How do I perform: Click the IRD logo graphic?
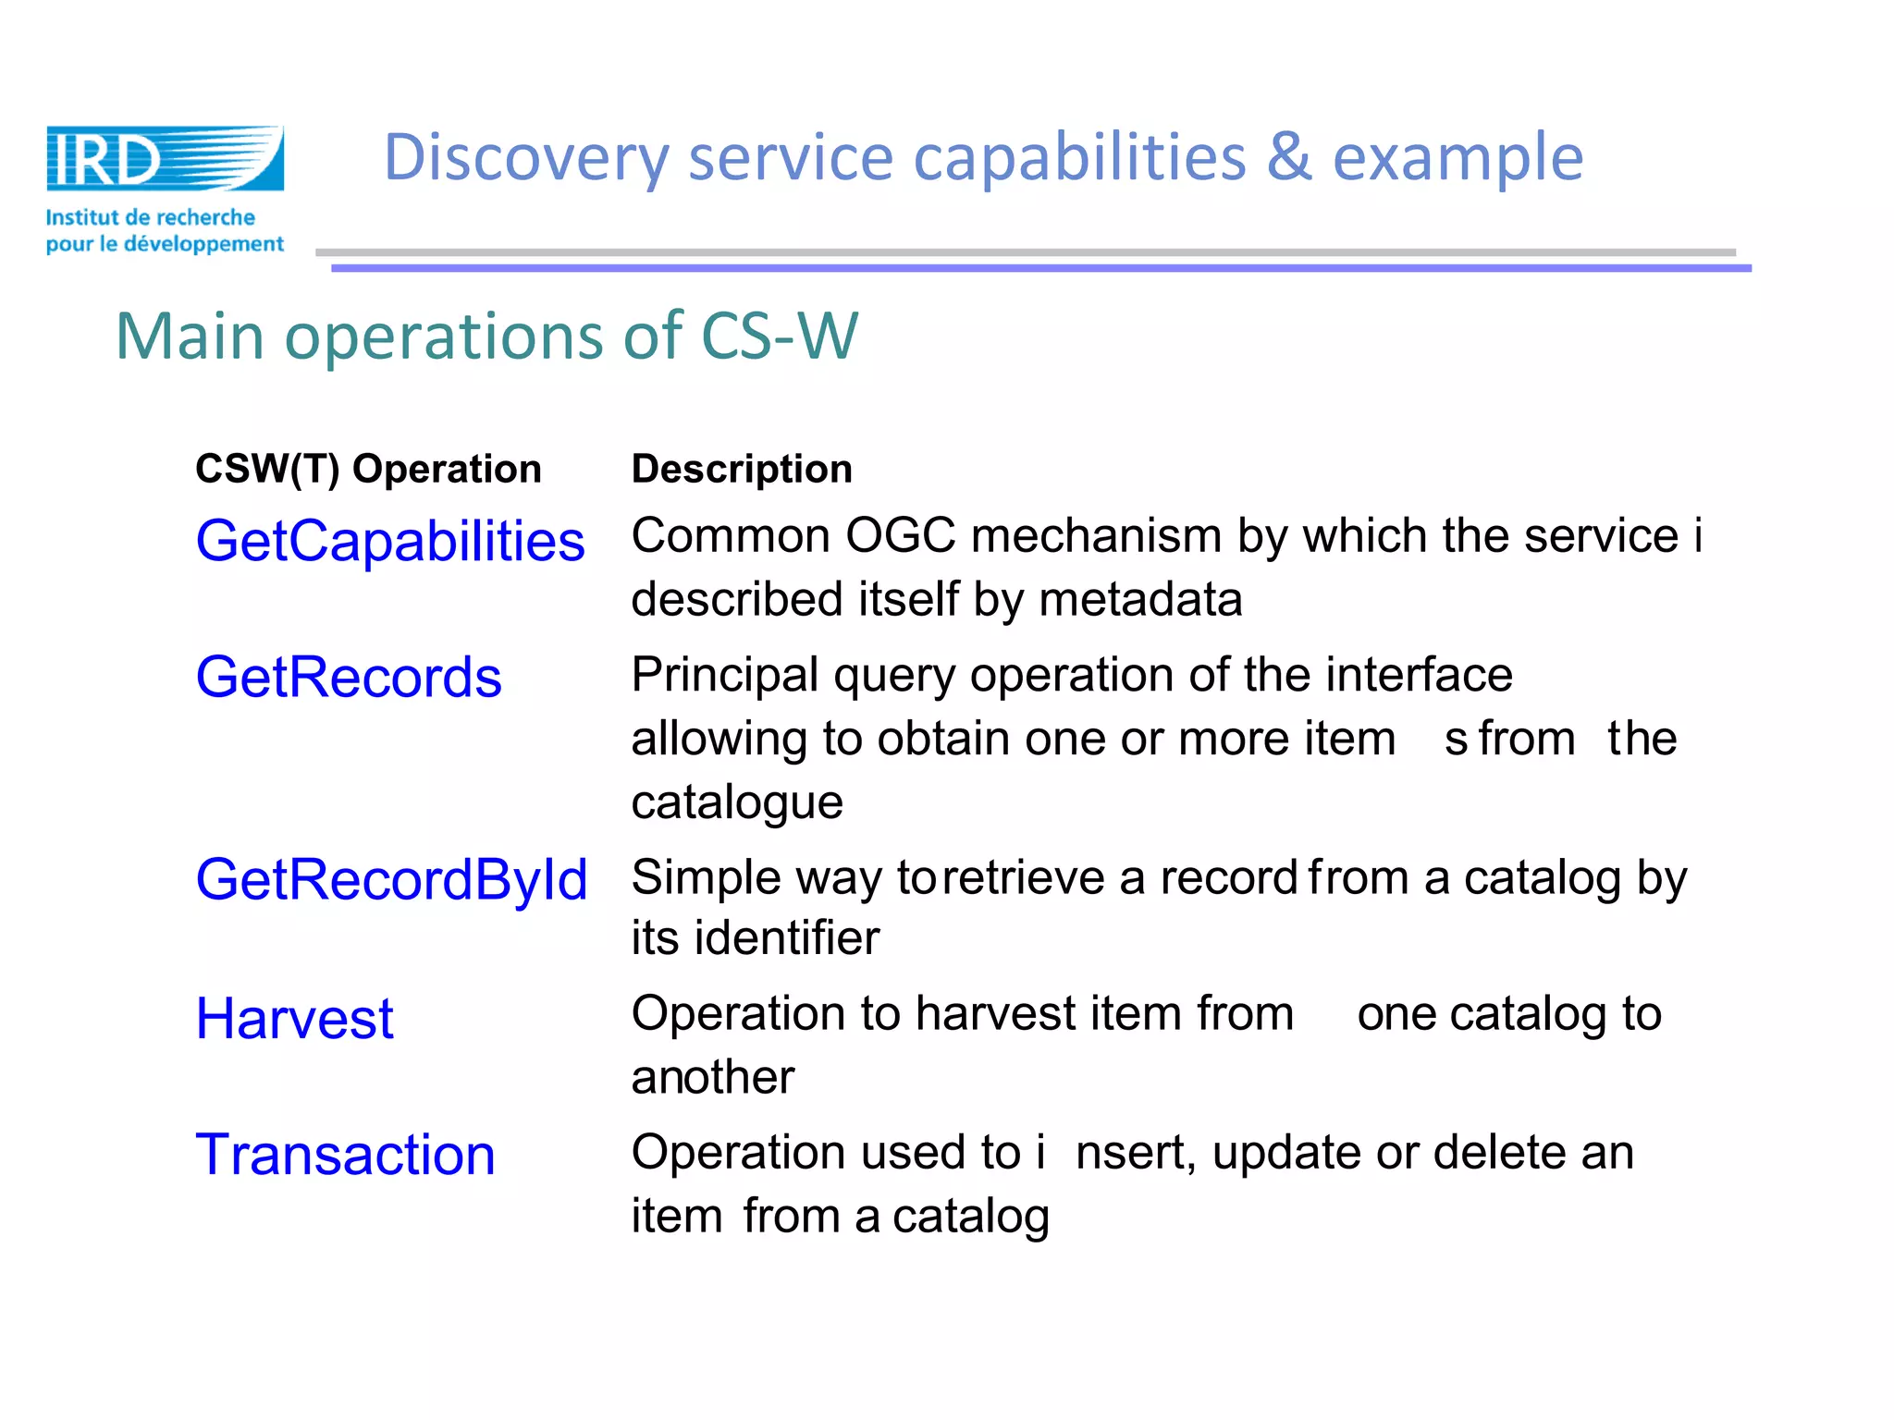click(165, 158)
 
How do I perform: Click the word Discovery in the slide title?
click(525, 158)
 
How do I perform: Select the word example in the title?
click(1457, 158)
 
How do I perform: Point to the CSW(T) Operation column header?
click(368, 469)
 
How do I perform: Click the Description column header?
click(742, 469)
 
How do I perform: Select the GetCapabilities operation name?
click(390, 541)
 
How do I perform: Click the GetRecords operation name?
click(349, 677)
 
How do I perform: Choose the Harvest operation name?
click(294, 1019)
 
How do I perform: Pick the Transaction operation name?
click(346, 1155)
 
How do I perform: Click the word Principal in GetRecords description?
click(724, 675)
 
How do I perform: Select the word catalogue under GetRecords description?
click(737, 802)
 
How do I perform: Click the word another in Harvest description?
click(712, 1077)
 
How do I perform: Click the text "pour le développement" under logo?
click(165, 244)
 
